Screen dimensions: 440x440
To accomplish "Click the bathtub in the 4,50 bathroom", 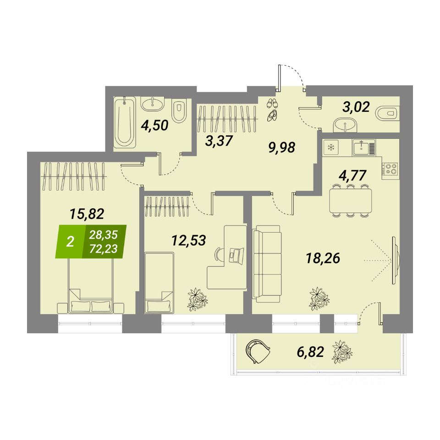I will click(125, 121).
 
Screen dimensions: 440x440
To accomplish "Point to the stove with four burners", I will click(390, 168).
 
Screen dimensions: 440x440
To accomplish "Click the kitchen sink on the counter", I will click(364, 148).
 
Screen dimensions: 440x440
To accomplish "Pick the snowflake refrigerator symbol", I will click(330, 148).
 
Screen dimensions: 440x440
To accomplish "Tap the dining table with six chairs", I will click(351, 200).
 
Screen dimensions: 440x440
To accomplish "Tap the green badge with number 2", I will click(70, 242).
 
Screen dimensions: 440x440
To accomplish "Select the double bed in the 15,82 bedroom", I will click(90, 284).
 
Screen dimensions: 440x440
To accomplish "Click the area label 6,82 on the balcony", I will click(310, 352).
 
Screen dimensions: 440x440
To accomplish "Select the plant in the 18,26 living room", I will click(319, 298).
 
